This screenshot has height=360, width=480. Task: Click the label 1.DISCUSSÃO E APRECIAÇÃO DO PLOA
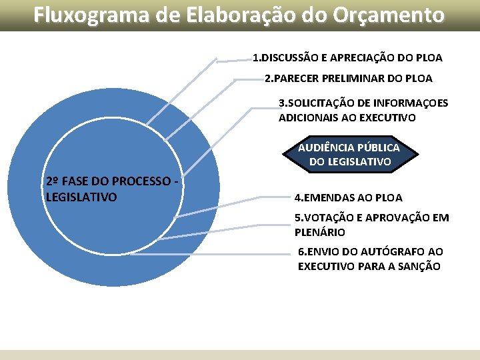[x=347, y=57]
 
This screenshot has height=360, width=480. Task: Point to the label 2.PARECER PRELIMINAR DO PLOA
[x=348, y=78]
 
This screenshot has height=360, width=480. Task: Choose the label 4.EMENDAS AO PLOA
[x=348, y=197]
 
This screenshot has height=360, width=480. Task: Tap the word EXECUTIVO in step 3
[x=388, y=117]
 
